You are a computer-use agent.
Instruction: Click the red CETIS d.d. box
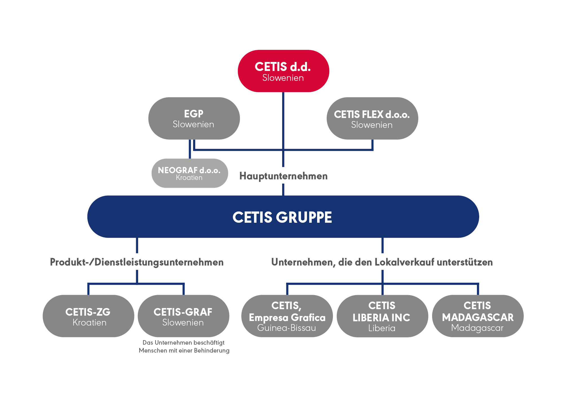coord(283,71)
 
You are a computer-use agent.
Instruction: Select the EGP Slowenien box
coord(194,118)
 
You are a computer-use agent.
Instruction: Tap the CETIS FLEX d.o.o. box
coord(372,118)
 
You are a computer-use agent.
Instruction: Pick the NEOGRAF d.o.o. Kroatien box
coord(190,173)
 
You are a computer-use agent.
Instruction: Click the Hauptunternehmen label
coord(283,176)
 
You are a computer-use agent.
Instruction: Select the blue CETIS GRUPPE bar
coord(283,217)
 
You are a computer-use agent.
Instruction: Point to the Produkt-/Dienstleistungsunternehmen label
coord(137,262)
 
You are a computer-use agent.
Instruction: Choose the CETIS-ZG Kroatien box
coord(88,316)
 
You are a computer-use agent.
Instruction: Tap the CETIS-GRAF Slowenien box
coord(183,316)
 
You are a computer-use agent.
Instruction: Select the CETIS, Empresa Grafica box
coord(287,316)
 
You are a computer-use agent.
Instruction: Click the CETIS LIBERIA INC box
coord(382,316)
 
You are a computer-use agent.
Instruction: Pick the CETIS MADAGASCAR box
coord(478,316)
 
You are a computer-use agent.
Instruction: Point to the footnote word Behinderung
coord(212,351)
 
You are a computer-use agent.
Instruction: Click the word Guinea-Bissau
coord(287,328)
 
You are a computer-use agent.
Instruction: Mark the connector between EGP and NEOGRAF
coord(190,149)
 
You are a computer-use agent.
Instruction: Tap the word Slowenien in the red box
coord(283,78)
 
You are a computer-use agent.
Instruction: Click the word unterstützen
coord(465,262)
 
